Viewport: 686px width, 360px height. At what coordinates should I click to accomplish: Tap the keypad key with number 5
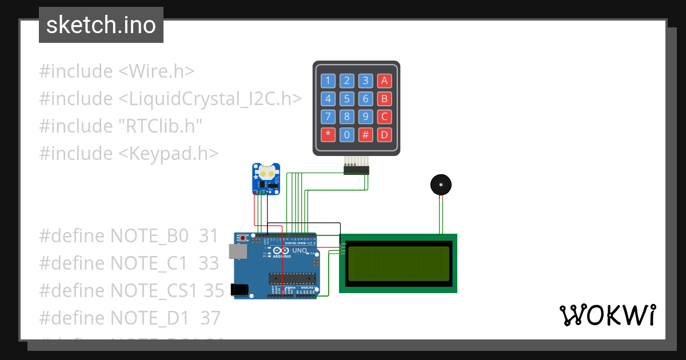[347, 99]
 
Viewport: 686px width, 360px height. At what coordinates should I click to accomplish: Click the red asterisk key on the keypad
[328, 135]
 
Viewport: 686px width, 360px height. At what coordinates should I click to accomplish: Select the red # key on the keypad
[366, 135]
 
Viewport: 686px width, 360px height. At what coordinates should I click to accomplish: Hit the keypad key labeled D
[385, 135]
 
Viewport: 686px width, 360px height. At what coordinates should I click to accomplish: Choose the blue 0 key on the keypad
[347, 135]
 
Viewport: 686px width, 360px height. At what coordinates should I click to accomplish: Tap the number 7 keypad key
[328, 117]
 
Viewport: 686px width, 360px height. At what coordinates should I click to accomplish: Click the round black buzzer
[441, 185]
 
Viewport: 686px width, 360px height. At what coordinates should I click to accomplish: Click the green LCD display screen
[398, 263]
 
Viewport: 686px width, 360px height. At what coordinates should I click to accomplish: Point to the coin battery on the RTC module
[267, 172]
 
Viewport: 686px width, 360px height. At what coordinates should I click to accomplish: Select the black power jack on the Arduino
[240, 290]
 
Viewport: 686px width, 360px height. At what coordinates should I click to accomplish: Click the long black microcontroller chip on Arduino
[292, 278]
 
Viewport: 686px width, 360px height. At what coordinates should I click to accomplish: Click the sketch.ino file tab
[101, 25]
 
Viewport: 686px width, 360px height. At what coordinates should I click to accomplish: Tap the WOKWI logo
[607, 315]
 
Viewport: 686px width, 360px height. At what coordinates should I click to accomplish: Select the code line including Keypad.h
[129, 153]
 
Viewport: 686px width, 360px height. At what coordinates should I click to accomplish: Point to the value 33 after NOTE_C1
[209, 263]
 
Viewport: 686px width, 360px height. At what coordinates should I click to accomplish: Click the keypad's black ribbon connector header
[356, 170]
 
